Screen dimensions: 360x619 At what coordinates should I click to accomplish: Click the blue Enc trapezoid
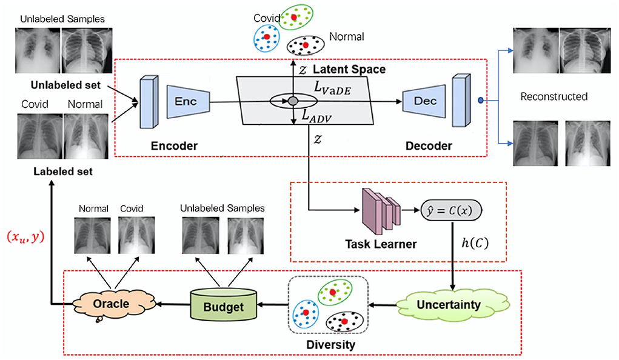[x=187, y=101]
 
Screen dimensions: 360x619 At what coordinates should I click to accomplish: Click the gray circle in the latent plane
[x=293, y=101]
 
